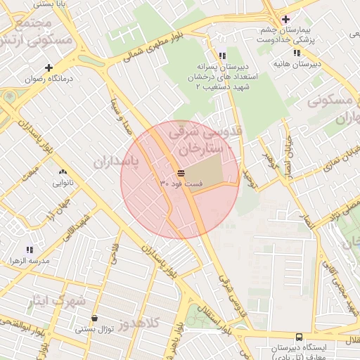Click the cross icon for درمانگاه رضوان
(x=49, y=67)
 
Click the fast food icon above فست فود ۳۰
(x=181, y=172)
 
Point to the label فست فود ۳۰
(x=181, y=184)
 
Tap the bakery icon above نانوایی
(x=63, y=172)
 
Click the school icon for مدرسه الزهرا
(x=30, y=249)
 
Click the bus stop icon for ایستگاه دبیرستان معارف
(x=300, y=337)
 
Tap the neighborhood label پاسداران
(x=116, y=162)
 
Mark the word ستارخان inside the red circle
(x=200, y=148)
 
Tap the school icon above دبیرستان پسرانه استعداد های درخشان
(x=222, y=55)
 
